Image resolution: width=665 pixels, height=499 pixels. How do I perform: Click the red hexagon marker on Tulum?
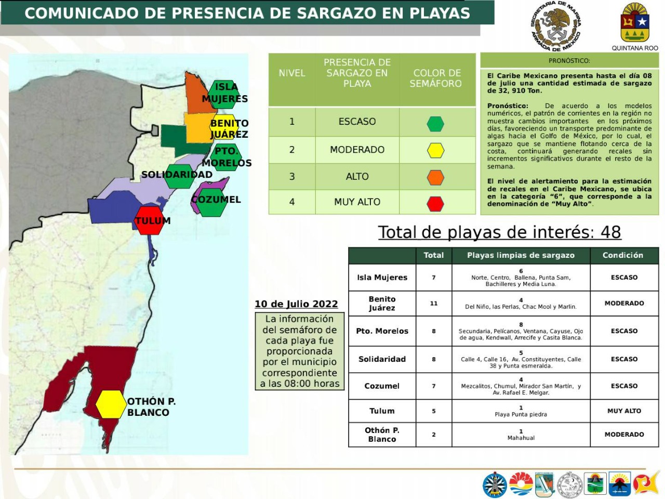pos(149,220)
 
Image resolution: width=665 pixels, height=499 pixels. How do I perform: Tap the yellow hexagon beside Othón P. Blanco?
pos(111,404)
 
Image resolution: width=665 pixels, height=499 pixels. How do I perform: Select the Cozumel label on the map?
pos(216,200)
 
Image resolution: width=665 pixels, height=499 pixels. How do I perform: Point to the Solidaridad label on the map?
pos(177,175)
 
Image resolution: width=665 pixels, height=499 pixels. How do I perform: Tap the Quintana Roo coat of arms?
pos(635,23)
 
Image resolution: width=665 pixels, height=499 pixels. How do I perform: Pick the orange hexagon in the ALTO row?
pos(435,178)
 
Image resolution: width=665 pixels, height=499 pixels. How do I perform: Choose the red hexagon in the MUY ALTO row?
pos(435,204)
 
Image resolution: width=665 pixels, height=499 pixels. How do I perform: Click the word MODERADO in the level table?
pos(357,150)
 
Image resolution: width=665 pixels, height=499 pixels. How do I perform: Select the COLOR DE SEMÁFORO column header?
pos(436,78)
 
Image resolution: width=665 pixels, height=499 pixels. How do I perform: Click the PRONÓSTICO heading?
pos(569,61)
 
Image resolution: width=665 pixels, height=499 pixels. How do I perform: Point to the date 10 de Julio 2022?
pos(296,304)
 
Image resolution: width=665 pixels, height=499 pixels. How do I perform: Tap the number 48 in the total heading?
pos(610,232)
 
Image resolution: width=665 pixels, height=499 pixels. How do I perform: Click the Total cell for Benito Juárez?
pos(434,303)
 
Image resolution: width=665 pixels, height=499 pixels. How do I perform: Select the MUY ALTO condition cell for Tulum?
pos(624,411)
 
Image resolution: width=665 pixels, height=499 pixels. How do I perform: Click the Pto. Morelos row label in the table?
pos(382,331)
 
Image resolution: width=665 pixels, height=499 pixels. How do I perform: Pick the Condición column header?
pos(622,255)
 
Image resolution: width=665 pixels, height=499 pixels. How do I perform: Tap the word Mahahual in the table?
pos(521,438)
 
